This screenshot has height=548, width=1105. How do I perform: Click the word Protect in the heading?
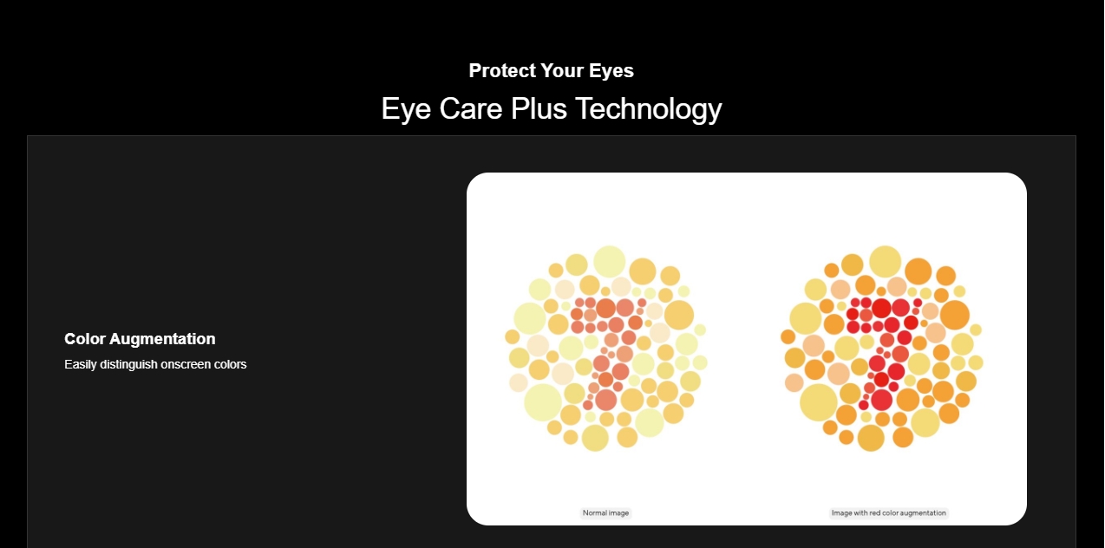[501, 70]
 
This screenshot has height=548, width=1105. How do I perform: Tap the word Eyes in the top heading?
[611, 70]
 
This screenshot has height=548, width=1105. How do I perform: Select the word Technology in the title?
[648, 109]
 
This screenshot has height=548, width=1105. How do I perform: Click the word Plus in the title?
[539, 108]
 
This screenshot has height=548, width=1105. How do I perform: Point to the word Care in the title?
[471, 108]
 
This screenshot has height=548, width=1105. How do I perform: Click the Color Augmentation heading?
[140, 339]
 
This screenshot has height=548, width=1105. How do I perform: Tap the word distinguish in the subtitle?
[128, 364]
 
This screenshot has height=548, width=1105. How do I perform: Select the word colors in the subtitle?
[230, 364]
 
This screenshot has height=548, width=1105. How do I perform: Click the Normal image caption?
[605, 513]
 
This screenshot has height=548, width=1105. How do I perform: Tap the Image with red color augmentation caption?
[888, 513]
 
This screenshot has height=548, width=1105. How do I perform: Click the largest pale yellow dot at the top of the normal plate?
[609, 261]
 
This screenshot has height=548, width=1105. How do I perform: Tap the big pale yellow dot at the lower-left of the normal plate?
[543, 402]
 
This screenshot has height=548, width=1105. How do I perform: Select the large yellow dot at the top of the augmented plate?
[885, 261]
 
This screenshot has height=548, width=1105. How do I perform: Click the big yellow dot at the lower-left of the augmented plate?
[819, 402]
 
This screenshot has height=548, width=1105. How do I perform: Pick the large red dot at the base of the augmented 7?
[881, 400]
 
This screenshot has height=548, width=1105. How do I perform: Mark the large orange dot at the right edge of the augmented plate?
[955, 315]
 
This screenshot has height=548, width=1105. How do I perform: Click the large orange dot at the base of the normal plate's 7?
[605, 400]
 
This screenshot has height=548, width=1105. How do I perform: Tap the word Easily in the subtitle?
[81, 364]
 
